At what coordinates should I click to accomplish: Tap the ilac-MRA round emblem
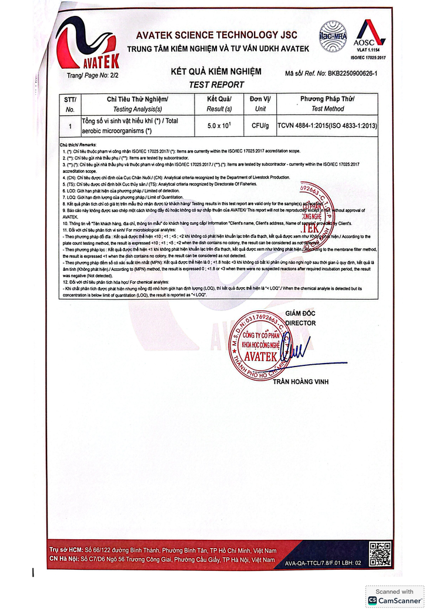pos(333,36)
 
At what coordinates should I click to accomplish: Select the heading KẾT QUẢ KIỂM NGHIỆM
pos(215,72)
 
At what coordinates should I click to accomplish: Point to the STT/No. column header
pos(70,104)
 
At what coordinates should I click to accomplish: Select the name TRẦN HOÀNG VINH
pos(300,382)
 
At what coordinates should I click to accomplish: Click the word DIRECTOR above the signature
pos(300,322)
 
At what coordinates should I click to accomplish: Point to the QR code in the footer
pos(380,554)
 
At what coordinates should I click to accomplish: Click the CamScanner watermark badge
pos(394,596)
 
